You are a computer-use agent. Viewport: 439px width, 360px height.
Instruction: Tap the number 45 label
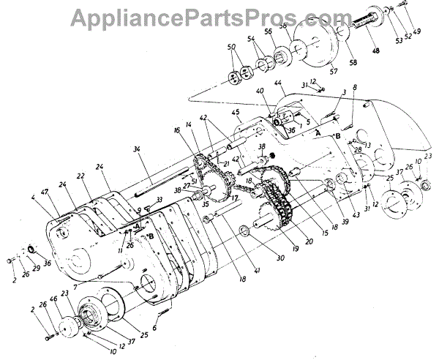(x=236, y=112)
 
